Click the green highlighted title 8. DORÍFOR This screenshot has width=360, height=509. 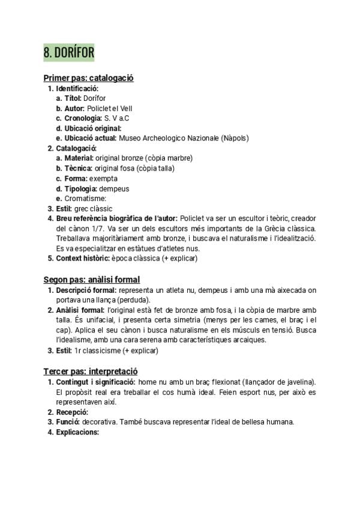[69, 53]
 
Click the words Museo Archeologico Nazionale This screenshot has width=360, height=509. [170, 138]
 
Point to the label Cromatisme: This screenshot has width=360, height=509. [85, 199]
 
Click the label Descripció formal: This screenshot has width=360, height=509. [86, 291]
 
